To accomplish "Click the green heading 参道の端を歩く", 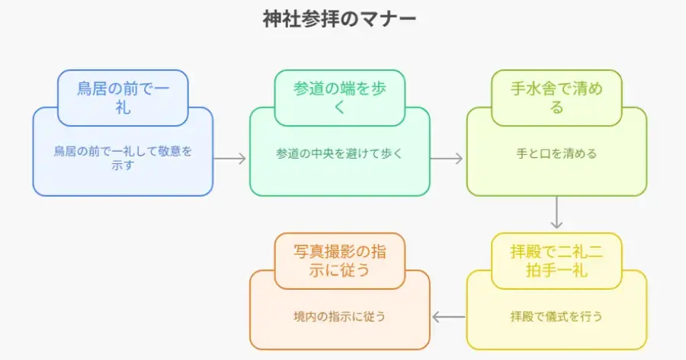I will coord(340,98).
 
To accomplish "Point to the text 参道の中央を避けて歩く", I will coord(339,153).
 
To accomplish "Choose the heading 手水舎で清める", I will coord(556,98).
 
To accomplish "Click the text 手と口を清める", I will coord(556,153).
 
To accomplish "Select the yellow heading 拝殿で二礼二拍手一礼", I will coord(556,261).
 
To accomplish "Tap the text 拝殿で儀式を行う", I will coord(556,316).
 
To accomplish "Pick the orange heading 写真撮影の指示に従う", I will coord(340,261).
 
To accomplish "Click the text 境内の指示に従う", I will coord(339,316).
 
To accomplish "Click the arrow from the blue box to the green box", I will coord(230,159).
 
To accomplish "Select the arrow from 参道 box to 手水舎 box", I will coord(447,159).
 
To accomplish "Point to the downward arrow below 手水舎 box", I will coord(556,213).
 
